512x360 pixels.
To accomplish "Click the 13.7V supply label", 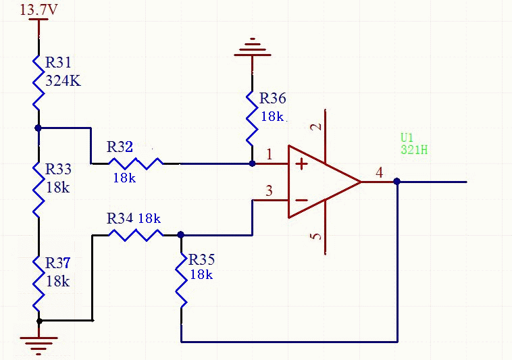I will pyautogui.click(x=39, y=10).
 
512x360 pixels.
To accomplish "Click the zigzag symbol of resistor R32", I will pyautogui.click(x=136, y=163).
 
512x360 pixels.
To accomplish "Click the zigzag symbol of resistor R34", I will pyautogui.click(x=136, y=234).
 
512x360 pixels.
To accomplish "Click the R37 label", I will pyautogui.click(x=58, y=263).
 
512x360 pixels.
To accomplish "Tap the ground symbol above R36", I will pyautogui.click(x=252, y=47).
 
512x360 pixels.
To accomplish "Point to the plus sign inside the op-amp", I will pyautogui.click(x=301, y=163).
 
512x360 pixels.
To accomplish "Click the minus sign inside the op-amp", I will pyautogui.click(x=301, y=200).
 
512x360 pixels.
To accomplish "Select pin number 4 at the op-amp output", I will pyautogui.click(x=379, y=173).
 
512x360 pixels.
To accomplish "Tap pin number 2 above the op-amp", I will pyautogui.click(x=317, y=127).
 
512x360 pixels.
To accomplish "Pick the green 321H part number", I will pyautogui.click(x=413, y=150).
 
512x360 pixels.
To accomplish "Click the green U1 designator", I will pyautogui.click(x=408, y=138).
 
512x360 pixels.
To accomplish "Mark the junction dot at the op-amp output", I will pyautogui.click(x=397, y=182).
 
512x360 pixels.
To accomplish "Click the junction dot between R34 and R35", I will pyautogui.click(x=180, y=235).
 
